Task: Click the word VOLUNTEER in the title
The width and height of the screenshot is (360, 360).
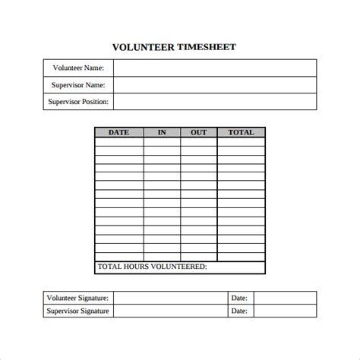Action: tap(144, 46)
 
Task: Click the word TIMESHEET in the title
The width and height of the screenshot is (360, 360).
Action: tap(207, 46)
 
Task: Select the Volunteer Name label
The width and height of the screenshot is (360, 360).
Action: tap(79, 68)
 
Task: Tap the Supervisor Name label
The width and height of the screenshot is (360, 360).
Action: tap(79, 86)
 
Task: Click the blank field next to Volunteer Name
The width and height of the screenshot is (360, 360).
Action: tap(215, 68)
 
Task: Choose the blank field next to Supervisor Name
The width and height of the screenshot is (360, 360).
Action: tap(215, 86)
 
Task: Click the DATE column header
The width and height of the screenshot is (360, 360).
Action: tap(119, 132)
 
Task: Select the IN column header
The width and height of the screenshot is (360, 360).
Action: tap(162, 132)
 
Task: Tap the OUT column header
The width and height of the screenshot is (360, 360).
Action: tap(198, 132)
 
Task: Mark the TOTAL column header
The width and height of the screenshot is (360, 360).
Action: tap(241, 132)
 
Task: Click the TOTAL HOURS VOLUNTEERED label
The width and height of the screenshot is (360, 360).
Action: tap(152, 267)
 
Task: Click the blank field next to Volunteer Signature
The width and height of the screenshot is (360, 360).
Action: tap(172, 298)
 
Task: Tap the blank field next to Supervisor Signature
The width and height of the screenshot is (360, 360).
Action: tap(172, 311)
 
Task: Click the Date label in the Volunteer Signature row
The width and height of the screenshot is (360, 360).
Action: tap(239, 298)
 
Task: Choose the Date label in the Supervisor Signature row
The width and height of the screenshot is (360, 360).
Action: tap(239, 311)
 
